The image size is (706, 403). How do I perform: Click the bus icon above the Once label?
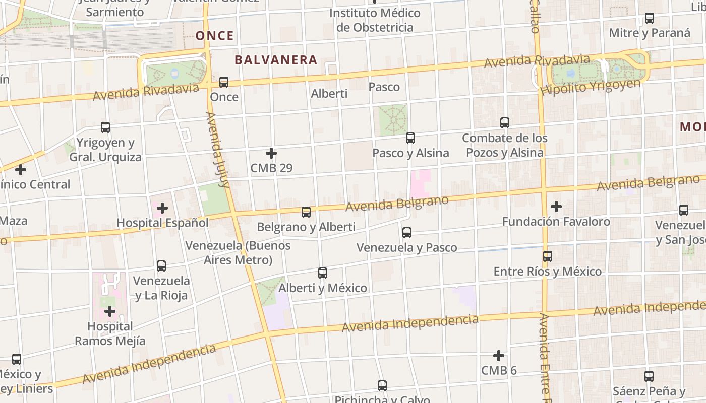224,82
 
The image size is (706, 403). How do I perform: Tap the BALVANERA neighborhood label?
276,60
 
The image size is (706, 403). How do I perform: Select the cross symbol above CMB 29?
271,153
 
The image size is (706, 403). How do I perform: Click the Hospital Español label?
162,222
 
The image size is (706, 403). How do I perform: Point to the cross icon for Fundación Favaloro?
556,207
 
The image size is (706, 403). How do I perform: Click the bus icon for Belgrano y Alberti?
306,212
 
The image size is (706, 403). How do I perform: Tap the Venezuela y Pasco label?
407,247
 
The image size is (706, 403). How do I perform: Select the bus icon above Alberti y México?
323,273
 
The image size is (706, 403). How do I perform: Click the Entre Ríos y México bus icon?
548,256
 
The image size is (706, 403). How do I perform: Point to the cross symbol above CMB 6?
499,356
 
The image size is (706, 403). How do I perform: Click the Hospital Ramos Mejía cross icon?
110,312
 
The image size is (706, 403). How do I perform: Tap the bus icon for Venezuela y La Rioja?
161,265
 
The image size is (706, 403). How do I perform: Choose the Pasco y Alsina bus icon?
410,138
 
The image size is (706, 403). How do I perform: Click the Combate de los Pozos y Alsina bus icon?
505,122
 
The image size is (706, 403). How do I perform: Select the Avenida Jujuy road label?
218,150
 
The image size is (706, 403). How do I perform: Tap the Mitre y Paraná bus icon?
650,19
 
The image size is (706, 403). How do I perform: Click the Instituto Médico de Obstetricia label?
375,20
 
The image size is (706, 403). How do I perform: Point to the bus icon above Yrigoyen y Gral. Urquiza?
105,127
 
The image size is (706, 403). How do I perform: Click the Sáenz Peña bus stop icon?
649,376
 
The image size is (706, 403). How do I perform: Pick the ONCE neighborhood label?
215,36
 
